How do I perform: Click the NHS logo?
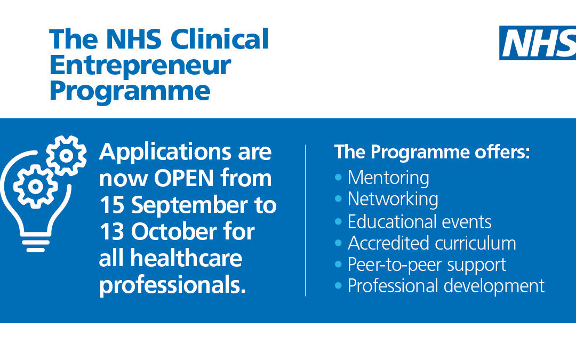[538, 43]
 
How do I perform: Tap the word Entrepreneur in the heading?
[140, 65]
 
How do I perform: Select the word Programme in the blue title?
[130, 91]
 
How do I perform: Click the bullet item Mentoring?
[388, 178]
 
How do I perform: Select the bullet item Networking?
[393, 199]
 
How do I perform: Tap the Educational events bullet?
[419, 221]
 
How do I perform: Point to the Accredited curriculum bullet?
[431, 243]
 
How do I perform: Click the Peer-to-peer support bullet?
[427, 265]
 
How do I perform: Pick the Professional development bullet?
[446, 286]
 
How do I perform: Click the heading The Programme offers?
[432, 152]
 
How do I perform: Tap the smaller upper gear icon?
[66, 155]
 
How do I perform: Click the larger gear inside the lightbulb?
[35, 186]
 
